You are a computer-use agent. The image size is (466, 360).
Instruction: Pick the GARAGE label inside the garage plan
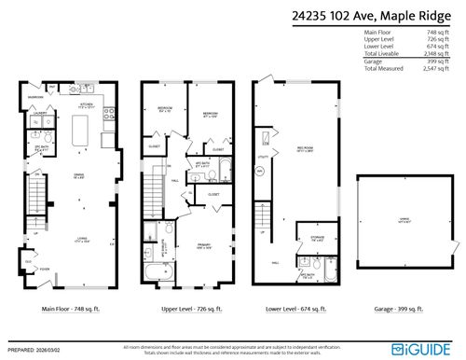(x=404, y=218)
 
